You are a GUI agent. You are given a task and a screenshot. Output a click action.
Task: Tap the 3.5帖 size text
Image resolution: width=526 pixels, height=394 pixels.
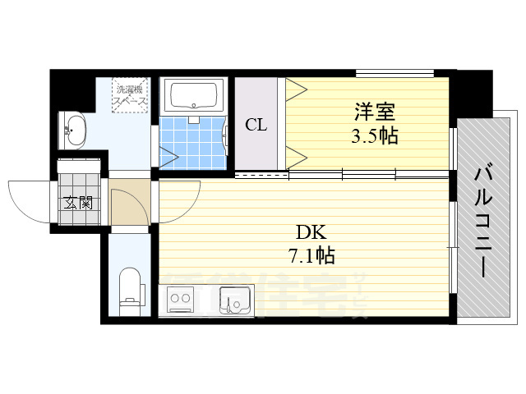(374, 135)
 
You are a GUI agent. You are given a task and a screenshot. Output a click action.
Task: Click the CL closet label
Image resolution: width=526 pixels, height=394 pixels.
(256, 125)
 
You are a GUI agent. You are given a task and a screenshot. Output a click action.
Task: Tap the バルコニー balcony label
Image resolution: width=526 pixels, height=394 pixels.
(483, 220)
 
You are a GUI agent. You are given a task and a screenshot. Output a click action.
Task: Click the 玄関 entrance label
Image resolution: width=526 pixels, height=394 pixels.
(78, 203)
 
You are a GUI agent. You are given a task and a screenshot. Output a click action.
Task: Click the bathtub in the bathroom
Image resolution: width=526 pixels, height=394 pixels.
(195, 96)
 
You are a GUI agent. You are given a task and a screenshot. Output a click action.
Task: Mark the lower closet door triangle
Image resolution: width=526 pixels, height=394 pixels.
(295, 154)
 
